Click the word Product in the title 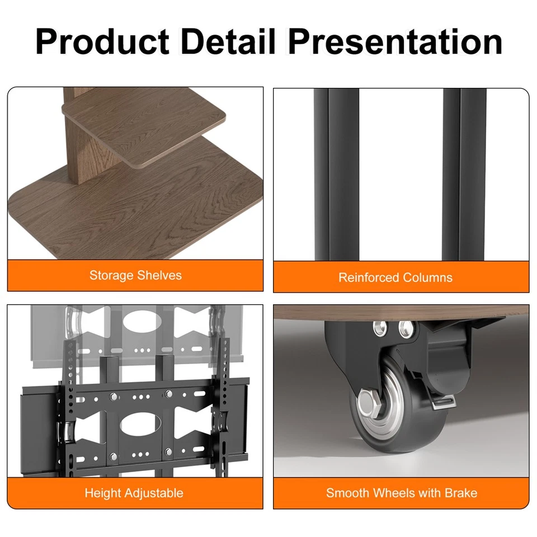(x=102, y=41)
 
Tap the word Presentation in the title (x=395, y=41)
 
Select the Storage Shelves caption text (x=135, y=275)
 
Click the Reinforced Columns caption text (x=395, y=277)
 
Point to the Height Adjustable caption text (x=134, y=493)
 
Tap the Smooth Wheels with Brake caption (x=402, y=493)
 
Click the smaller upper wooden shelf (x=144, y=132)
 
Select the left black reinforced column (x=336, y=175)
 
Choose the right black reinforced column (x=464, y=175)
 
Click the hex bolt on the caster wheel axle (x=369, y=404)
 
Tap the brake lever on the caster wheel (x=444, y=402)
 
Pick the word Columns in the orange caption (x=428, y=277)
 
